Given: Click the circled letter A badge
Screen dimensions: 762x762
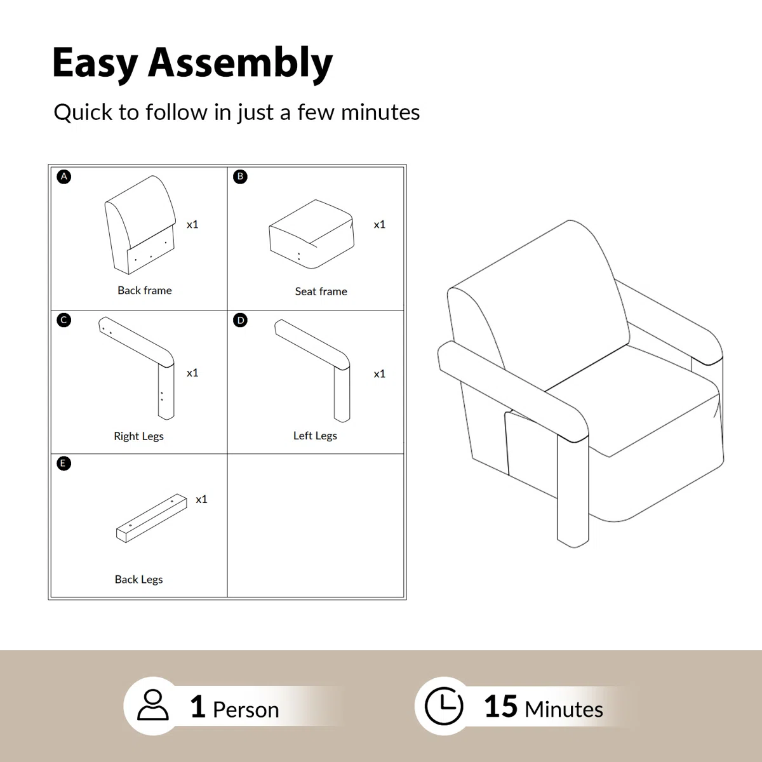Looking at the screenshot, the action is click(63, 177).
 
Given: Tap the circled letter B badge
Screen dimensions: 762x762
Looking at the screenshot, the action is click(240, 177).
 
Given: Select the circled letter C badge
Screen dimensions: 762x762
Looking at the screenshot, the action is click(63, 320).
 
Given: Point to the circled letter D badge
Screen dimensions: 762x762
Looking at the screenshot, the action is click(240, 320).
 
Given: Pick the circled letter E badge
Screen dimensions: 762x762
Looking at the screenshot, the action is click(63, 464).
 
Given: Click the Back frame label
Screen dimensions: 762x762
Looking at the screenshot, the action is click(145, 290).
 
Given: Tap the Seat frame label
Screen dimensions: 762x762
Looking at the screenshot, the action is click(321, 291).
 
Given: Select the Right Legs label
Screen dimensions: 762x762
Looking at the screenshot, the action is click(139, 436).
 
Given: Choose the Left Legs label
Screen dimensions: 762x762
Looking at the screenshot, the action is click(315, 436).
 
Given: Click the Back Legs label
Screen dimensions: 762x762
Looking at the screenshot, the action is click(139, 579).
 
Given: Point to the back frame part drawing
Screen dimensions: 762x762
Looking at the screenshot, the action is click(140, 225).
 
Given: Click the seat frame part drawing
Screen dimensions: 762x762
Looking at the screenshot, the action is click(312, 234).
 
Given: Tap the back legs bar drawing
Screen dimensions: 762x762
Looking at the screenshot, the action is click(152, 518).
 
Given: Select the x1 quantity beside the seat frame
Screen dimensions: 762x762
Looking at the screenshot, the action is click(380, 225).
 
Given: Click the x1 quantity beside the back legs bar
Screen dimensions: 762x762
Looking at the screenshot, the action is click(202, 500).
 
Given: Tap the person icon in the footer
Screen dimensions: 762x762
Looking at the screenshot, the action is click(153, 705).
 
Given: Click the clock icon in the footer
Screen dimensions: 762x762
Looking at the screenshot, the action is click(444, 706).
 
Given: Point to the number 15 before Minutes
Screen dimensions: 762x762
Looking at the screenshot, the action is click(500, 706).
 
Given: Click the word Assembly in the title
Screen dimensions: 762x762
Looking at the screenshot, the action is click(240, 63).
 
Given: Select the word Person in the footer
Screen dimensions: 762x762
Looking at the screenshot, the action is click(246, 709).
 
